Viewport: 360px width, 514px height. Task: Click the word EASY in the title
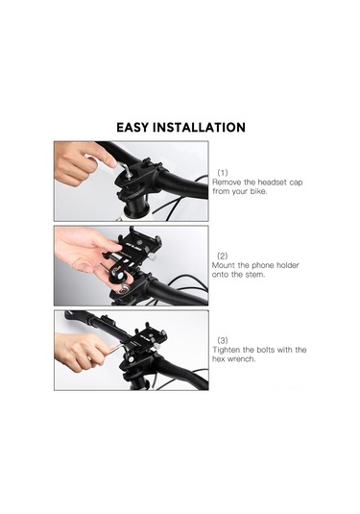point(137,128)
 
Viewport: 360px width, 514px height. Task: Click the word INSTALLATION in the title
point(203,128)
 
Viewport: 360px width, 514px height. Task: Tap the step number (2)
point(223,257)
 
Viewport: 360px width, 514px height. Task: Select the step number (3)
point(223,340)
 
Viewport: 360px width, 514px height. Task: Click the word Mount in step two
point(225,266)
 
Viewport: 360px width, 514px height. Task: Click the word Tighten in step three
point(228,350)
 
